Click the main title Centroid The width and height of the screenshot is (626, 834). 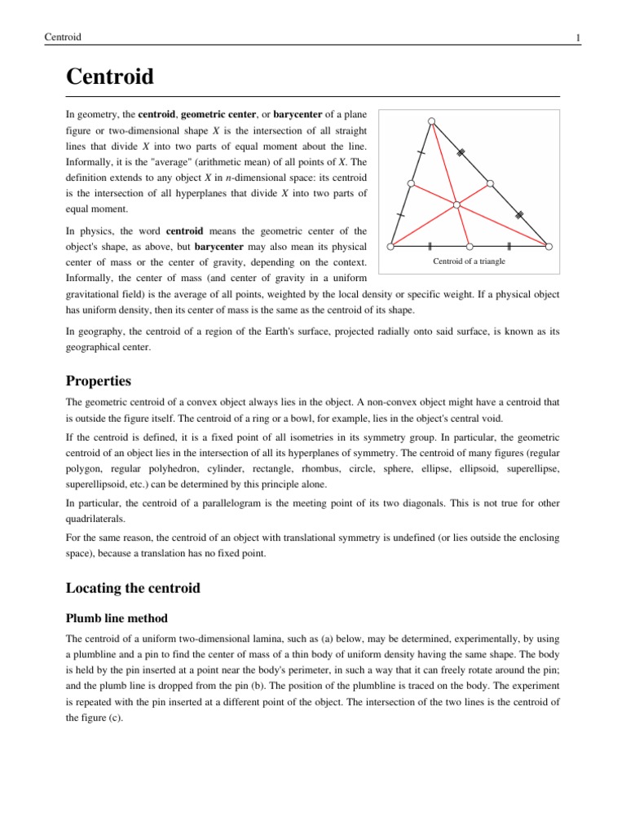[x=109, y=79]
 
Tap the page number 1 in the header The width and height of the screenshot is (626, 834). [x=578, y=37]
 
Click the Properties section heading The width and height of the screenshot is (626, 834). [x=98, y=381]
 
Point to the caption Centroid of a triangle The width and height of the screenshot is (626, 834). [x=469, y=261]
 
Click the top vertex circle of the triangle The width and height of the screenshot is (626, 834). [x=432, y=121]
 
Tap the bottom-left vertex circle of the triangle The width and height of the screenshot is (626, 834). [x=391, y=245]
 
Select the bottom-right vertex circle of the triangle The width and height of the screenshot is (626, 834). [x=549, y=245]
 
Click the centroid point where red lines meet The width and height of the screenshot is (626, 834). [x=457, y=204]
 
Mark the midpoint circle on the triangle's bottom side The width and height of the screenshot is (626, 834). [x=469, y=245]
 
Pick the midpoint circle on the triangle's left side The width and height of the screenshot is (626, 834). [x=412, y=183]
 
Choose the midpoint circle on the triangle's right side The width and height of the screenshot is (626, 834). [x=491, y=183]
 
